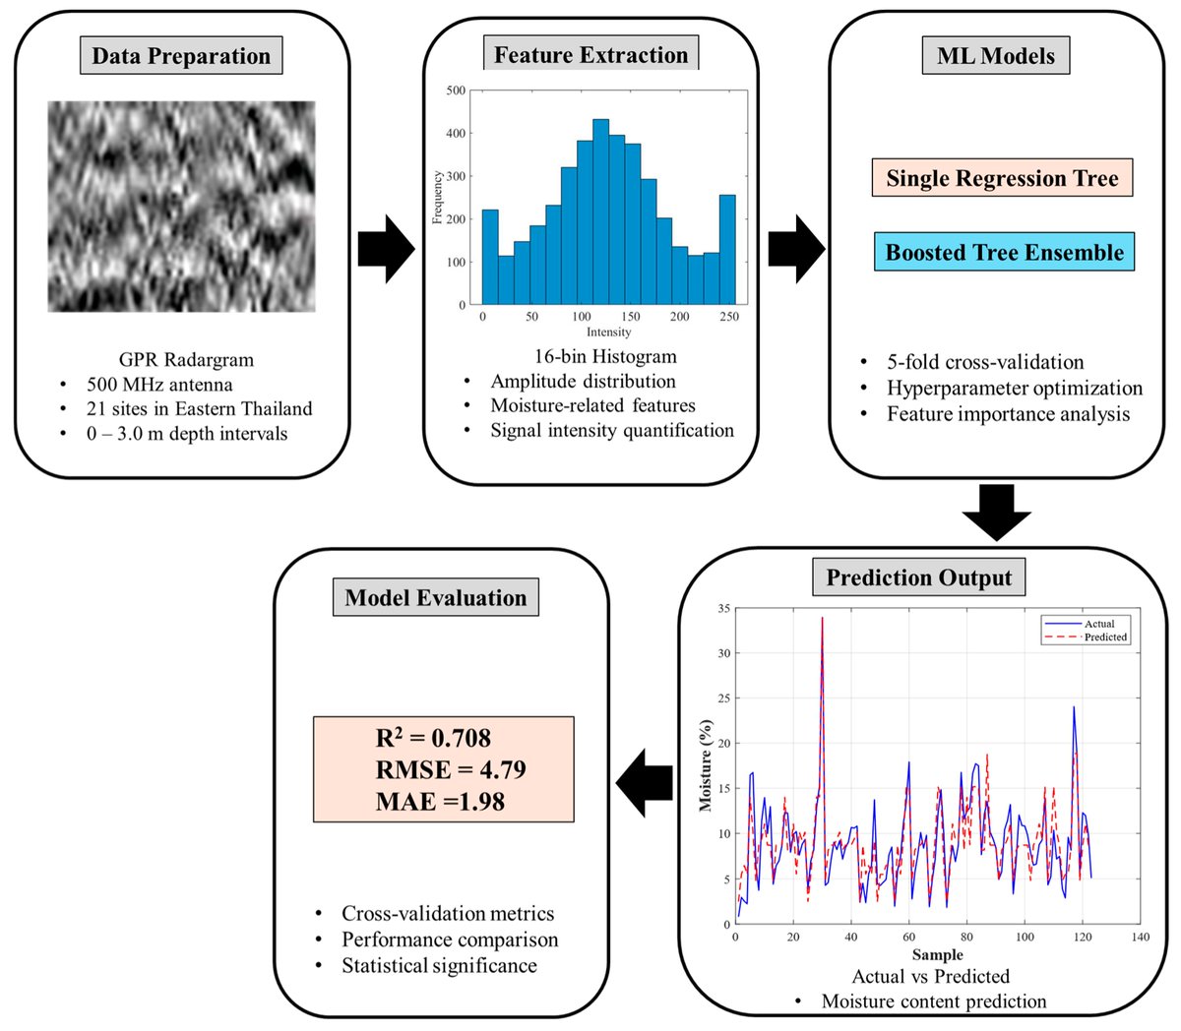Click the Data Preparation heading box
click(181, 56)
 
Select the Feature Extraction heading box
click(590, 55)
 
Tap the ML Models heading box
click(995, 56)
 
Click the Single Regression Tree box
click(1002, 178)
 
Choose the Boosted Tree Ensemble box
click(1004, 252)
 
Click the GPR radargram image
click(182, 207)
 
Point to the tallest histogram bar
click(600, 212)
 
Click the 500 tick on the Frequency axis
click(456, 91)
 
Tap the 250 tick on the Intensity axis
click(728, 317)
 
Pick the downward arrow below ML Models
click(996, 513)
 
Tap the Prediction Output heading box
click(918, 577)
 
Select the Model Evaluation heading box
click(435, 598)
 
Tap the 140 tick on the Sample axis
click(1141, 937)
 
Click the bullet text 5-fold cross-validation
click(984, 362)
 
